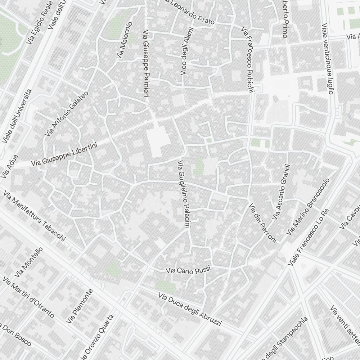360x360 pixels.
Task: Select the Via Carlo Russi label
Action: [x=188, y=270]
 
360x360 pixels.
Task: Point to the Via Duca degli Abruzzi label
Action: [x=190, y=309]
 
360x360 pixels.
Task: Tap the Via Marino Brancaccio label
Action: [x=308, y=207]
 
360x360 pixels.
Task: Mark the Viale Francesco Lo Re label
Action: [x=309, y=237]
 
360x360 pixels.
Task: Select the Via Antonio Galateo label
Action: [x=67, y=114]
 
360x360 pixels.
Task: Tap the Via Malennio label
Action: [x=124, y=40]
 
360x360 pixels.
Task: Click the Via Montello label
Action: [x=28, y=263]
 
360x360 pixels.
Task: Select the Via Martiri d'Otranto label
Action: [x=28, y=297]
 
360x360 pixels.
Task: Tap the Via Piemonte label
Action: [x=80, y=306]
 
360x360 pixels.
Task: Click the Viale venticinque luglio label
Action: [x=327, y=58]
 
